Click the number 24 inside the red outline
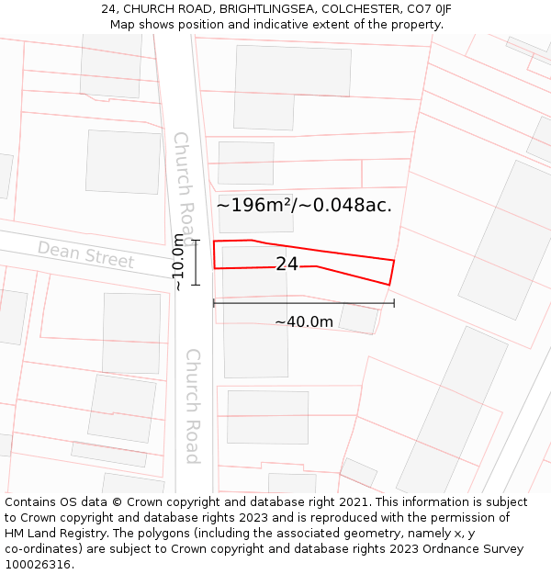(x=287, y=264)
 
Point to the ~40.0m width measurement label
(x=304, y=322)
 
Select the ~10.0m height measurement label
(x=178, y=262)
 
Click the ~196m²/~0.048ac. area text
(x=304, y=205)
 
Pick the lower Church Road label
(x=193, y=405)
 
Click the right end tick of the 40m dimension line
(x=394, y=302)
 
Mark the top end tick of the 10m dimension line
(x=196, y=240)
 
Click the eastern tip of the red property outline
(x=393, y=262)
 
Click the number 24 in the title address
(x=108, y=9)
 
